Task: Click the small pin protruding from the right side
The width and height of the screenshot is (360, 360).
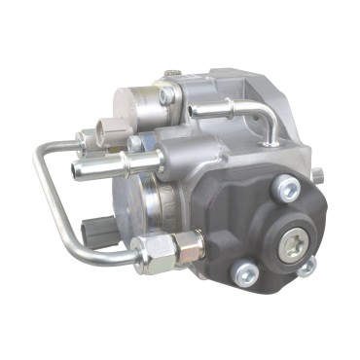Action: coord(317,174)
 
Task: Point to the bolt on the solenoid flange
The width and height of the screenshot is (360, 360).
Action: coord(168,96)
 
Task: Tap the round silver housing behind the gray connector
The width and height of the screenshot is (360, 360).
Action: coord(136,209)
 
